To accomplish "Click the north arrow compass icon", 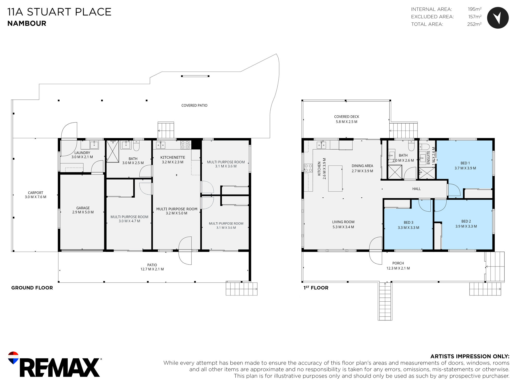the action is [498, 18].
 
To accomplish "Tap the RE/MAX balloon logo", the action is [13, 358].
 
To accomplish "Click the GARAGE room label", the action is [83, 208].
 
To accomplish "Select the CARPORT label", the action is [36, 193].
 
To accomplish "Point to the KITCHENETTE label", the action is [173, 157].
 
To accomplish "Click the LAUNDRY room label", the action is [82, 153].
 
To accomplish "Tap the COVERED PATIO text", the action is [194, 105].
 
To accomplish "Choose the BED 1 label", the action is [465, 163].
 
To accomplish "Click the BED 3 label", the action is [408, 222].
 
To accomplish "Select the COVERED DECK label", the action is [346, 117].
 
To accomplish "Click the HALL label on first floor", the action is [416, 189].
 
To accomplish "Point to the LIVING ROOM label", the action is [343, 222].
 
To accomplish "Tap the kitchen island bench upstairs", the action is [335, 179].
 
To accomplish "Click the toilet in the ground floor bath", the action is [136, 146].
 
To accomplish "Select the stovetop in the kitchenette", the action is [185, 145].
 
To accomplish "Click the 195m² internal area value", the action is [475, 9].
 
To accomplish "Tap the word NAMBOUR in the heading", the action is [27, 23].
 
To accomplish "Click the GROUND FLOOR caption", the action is [32, 288].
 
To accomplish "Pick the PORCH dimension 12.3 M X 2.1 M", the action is [398, 268].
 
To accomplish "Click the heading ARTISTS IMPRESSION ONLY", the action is [470, 356].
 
